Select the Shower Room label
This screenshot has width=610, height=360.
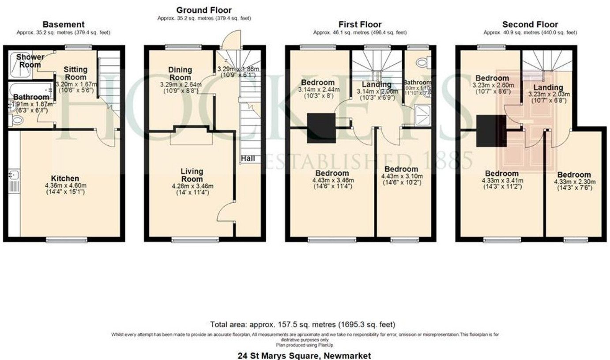(30, 61)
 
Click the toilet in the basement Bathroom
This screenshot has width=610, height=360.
(17, 120)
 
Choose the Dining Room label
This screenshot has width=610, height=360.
(180, 73)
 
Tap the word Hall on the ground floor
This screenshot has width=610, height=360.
(248, 158)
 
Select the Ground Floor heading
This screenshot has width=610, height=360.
(203, 10)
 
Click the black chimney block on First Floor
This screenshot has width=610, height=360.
(321, 128)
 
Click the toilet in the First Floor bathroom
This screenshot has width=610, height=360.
(422, 63)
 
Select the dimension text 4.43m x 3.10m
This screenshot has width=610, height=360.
(401, 176)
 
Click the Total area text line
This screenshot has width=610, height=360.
(303, 325)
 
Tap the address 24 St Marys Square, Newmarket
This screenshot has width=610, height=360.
(304, 355)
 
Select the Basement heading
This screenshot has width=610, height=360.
(63, 24)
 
